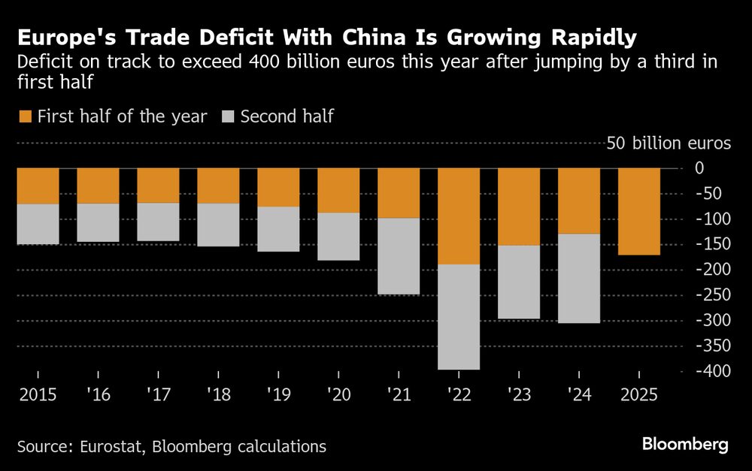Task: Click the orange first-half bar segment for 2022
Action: (459, 216)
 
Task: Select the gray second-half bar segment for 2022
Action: (459, 316)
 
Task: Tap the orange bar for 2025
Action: (639, 211)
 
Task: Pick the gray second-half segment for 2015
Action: (38, 224)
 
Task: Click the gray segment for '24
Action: (579, 278)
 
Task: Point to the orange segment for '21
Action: (399, 193)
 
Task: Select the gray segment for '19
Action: (278, 229)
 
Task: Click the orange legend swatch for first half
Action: (25, 116)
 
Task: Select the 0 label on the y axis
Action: (720, 168)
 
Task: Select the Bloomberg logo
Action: (685, 445)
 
